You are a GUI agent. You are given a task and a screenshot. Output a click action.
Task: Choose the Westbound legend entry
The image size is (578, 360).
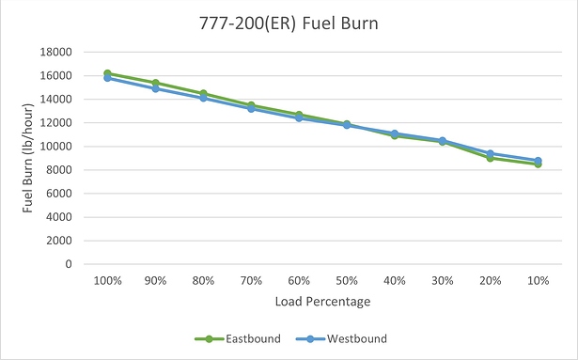[356, 338]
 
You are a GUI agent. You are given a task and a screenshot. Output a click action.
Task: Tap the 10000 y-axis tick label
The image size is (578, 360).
[59, 147]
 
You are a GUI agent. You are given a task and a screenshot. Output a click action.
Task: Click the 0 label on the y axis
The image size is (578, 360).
[70, 264]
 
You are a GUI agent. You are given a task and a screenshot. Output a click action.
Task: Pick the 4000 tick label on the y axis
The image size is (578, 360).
[62, 217]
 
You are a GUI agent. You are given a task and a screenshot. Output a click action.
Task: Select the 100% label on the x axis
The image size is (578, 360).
[107, 281]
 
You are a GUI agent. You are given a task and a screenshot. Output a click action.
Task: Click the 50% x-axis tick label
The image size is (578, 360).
[320, 281]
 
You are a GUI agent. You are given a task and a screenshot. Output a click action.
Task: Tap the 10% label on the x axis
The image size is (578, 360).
[538, 281]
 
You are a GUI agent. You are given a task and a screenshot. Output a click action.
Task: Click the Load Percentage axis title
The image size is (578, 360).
[322, 303]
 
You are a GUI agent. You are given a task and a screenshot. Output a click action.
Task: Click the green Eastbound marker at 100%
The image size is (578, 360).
[107, 73]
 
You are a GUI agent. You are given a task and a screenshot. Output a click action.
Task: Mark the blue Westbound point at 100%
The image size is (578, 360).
[107, 78]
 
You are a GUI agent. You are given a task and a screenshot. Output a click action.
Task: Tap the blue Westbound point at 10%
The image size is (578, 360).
[538, 161]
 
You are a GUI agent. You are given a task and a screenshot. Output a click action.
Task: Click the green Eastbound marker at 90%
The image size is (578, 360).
[156, 83]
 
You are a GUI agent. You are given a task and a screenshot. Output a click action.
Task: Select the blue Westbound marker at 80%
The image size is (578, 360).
[204, 98]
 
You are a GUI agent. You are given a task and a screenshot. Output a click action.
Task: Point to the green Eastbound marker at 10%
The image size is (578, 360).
[538, 164]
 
